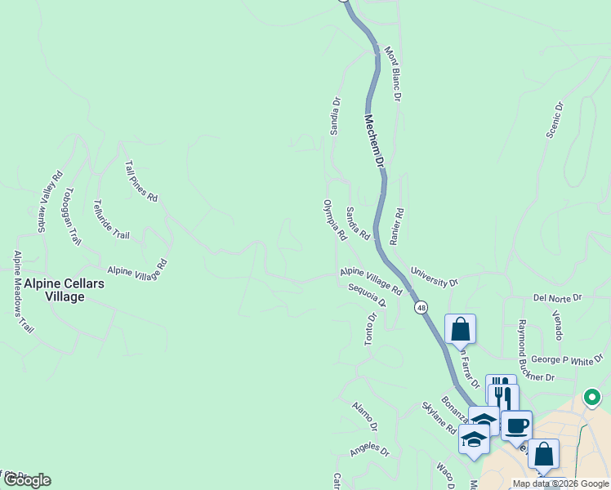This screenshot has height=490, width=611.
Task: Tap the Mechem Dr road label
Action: [373, 141]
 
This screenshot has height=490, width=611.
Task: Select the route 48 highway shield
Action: [421, 308]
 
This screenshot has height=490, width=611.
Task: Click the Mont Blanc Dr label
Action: [393, 74]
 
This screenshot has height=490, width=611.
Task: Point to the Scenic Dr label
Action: [555, 119]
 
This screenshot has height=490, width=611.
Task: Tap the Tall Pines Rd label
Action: [140, 180]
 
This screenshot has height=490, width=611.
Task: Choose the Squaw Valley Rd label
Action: [49, 202]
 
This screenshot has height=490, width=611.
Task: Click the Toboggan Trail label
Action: [73, 216]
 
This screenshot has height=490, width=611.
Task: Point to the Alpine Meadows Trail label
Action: [23, 292]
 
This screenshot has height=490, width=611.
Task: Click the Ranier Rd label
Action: [397, 225]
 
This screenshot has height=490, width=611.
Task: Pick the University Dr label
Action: [434, 277]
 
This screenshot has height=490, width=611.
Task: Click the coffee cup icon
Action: [516, 425]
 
